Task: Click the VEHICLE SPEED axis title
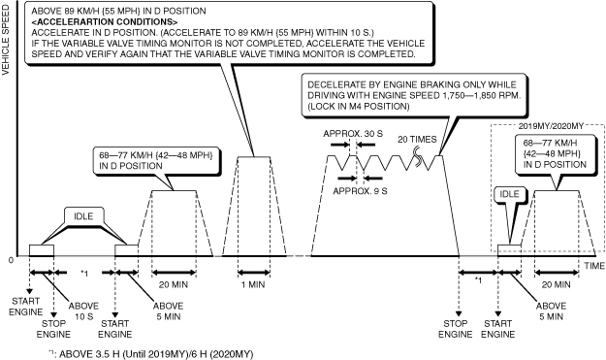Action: click(6, 40)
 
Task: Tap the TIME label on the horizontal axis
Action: click(594, 266)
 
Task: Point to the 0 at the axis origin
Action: click(11, 260)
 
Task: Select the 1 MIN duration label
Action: click(253, 284)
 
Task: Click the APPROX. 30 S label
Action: click(353, 134)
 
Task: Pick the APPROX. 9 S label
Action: click(360, 191)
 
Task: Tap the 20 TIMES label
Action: click(417, 140)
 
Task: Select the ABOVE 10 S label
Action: click(83, 311)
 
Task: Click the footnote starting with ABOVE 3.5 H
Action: click(151, 354)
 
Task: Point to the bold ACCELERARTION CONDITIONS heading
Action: click(105, 21)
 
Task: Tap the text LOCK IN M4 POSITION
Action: click(358, 107)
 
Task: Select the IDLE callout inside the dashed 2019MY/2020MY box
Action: click(510, 194)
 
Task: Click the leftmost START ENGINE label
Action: click(26, 307)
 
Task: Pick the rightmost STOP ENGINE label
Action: click(456, 329)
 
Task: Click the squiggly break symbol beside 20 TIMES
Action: click(418, 157)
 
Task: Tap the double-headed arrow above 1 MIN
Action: click(254, 273)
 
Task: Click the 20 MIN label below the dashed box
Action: click(556, 284)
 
